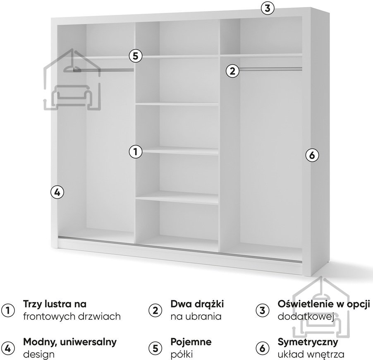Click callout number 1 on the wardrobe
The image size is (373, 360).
click(135, 152)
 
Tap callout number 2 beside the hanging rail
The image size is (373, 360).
click(233, 71)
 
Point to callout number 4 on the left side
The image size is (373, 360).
click(57, 192)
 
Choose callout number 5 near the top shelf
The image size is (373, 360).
click(135, 55)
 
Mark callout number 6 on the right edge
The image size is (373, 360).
click(312, 156)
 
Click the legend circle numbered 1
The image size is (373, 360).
click(8, 310)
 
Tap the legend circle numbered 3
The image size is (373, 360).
click(261, 310)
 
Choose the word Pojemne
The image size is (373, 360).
click(191, 342)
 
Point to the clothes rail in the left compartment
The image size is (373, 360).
click(103, 70)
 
